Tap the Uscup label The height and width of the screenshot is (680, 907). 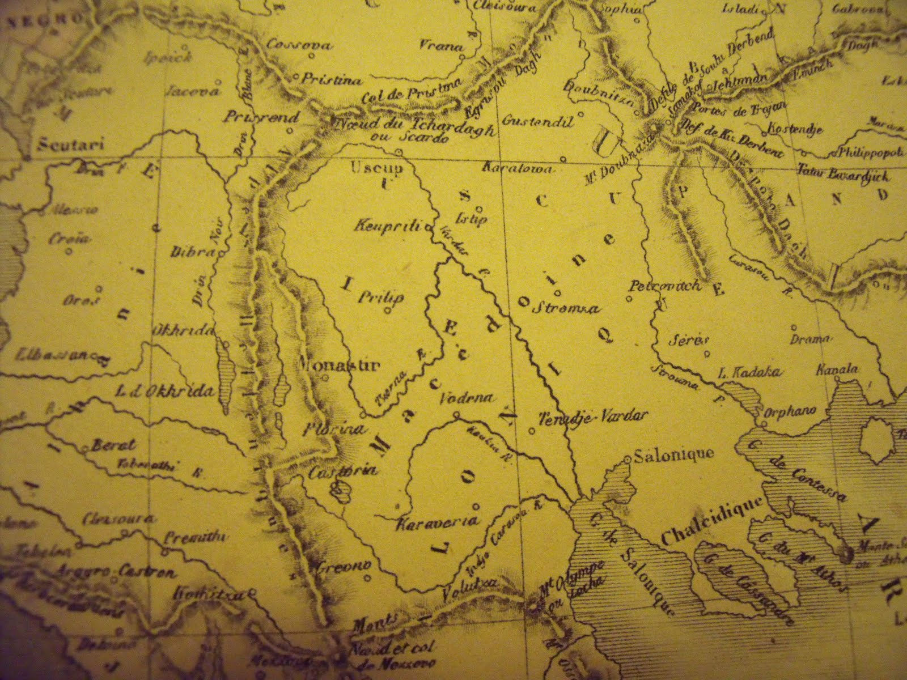click(x=369, y=169)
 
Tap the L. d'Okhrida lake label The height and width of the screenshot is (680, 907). click(x=165, y=390)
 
